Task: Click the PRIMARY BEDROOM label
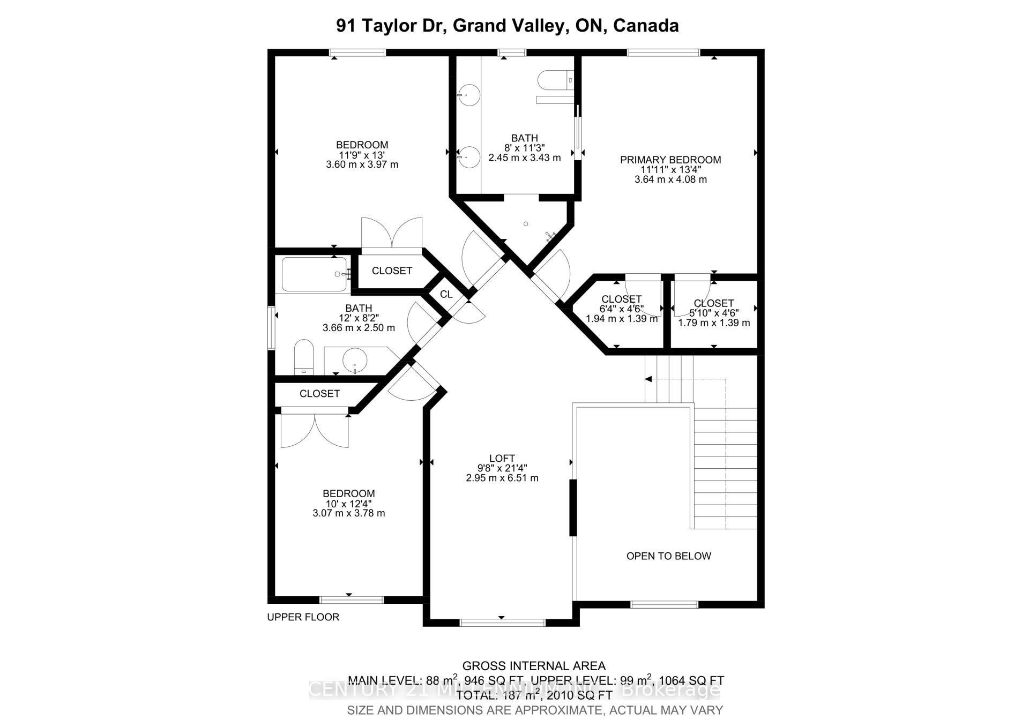pos(670,160)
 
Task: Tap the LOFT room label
pos(502,458)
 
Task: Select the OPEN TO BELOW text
pos(668,556)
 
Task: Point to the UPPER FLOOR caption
pos(303,617)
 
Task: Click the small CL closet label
pos(446,294)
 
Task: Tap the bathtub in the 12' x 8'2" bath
pos(314,274)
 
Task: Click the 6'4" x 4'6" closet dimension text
pos(622,309)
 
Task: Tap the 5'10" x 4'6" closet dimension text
pos(713,313)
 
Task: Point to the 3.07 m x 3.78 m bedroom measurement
pos(348,513)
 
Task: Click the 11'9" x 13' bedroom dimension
pos(362,155)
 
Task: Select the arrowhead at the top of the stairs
pos(648,379)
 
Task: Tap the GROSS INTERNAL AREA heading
pos(534,666)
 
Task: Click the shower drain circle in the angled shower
pos(526,223)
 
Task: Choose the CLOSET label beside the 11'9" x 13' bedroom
pos(392,271)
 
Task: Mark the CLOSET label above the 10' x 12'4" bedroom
pos(319,394)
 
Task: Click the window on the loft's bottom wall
pos(502,622)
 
